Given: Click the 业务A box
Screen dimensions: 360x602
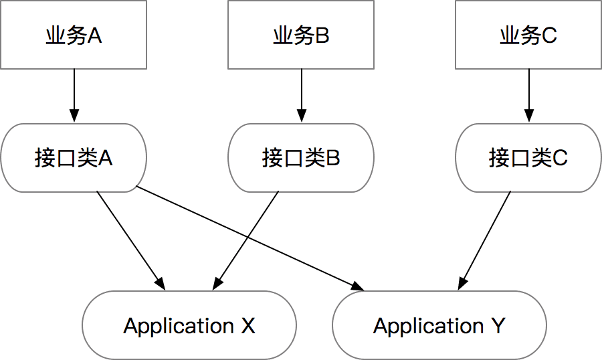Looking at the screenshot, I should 74,35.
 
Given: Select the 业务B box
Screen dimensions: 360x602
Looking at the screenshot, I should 301,35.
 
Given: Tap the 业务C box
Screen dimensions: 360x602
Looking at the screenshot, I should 528,35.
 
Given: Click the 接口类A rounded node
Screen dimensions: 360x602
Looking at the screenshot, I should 74,158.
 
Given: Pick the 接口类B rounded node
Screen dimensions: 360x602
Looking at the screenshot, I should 301,158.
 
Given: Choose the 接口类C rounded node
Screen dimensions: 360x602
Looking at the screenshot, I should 528,158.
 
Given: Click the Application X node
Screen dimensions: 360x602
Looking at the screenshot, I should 189,326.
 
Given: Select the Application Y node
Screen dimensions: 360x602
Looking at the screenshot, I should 439,326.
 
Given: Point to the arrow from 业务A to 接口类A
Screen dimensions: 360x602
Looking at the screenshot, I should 74,94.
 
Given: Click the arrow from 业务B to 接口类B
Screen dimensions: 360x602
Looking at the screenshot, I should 301,94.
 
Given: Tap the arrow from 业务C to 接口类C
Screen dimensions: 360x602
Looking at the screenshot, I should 528,94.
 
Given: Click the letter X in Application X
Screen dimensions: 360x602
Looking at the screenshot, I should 247,327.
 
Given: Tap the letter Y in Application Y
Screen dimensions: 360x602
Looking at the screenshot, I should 498,327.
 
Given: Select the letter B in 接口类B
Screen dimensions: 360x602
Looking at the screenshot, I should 332,159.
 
